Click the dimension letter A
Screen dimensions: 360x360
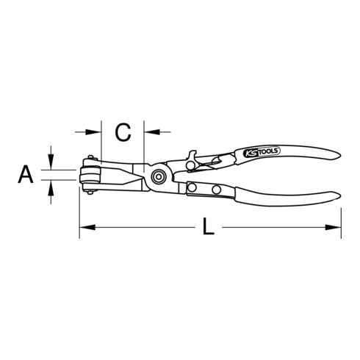point(26,174)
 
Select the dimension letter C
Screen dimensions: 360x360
point(123,132)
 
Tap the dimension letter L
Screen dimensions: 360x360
point(208,228)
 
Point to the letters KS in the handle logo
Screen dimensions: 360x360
point(248,155)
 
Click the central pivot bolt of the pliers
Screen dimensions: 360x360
point(158,176)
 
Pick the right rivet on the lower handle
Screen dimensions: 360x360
point(217,191)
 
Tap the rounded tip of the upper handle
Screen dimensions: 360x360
point(337,156)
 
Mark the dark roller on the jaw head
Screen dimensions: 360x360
point(92,176)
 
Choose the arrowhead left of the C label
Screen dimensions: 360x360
point(95,132)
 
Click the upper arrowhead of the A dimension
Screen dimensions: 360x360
point(51,164)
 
